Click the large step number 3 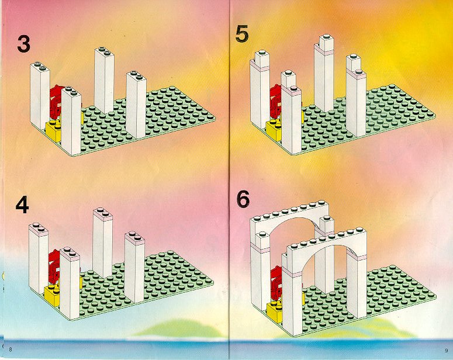click(x=23, y=44)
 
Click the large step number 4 click(x=22, y=205)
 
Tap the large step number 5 click(x=242, y=34)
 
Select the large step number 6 click(x=243, y=199)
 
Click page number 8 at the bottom click(x=11, y=349)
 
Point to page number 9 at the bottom click(x=447, y=351)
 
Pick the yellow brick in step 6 click(x=275, y=311)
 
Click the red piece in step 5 click(x=276, y=101)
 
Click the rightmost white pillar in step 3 click(x=136, y=105)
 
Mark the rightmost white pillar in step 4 click(x=134, y=266)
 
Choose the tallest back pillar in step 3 click(x=104, y=81)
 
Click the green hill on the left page click(x=179, y=328)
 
